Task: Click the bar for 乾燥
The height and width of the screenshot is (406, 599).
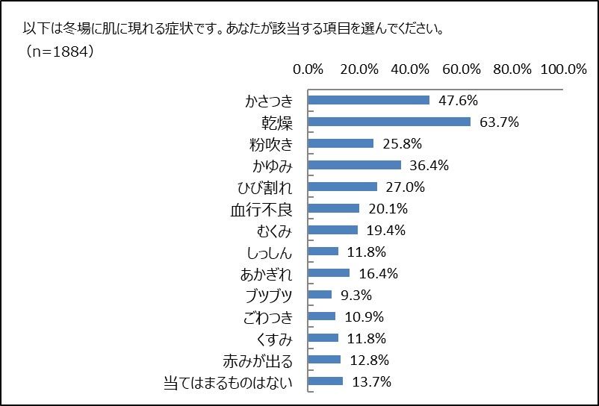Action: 389,122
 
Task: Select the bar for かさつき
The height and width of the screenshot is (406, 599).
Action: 369,100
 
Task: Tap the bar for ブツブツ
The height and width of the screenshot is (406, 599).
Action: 320,295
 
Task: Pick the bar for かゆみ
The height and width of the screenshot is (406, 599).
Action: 354,165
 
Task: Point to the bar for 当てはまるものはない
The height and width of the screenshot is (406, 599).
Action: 325,381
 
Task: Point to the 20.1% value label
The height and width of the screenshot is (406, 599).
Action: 387,208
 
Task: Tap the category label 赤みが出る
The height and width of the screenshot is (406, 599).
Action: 258,360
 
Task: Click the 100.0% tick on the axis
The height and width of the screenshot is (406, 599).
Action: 564,69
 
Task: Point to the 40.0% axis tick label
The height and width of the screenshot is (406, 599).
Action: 410,69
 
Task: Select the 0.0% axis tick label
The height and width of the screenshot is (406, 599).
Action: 308,69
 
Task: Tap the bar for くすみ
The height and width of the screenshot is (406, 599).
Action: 323,338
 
